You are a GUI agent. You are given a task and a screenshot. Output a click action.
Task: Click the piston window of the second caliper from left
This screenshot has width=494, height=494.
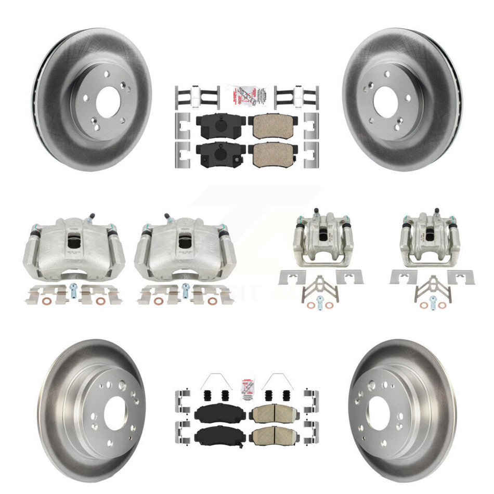[185, 241]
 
